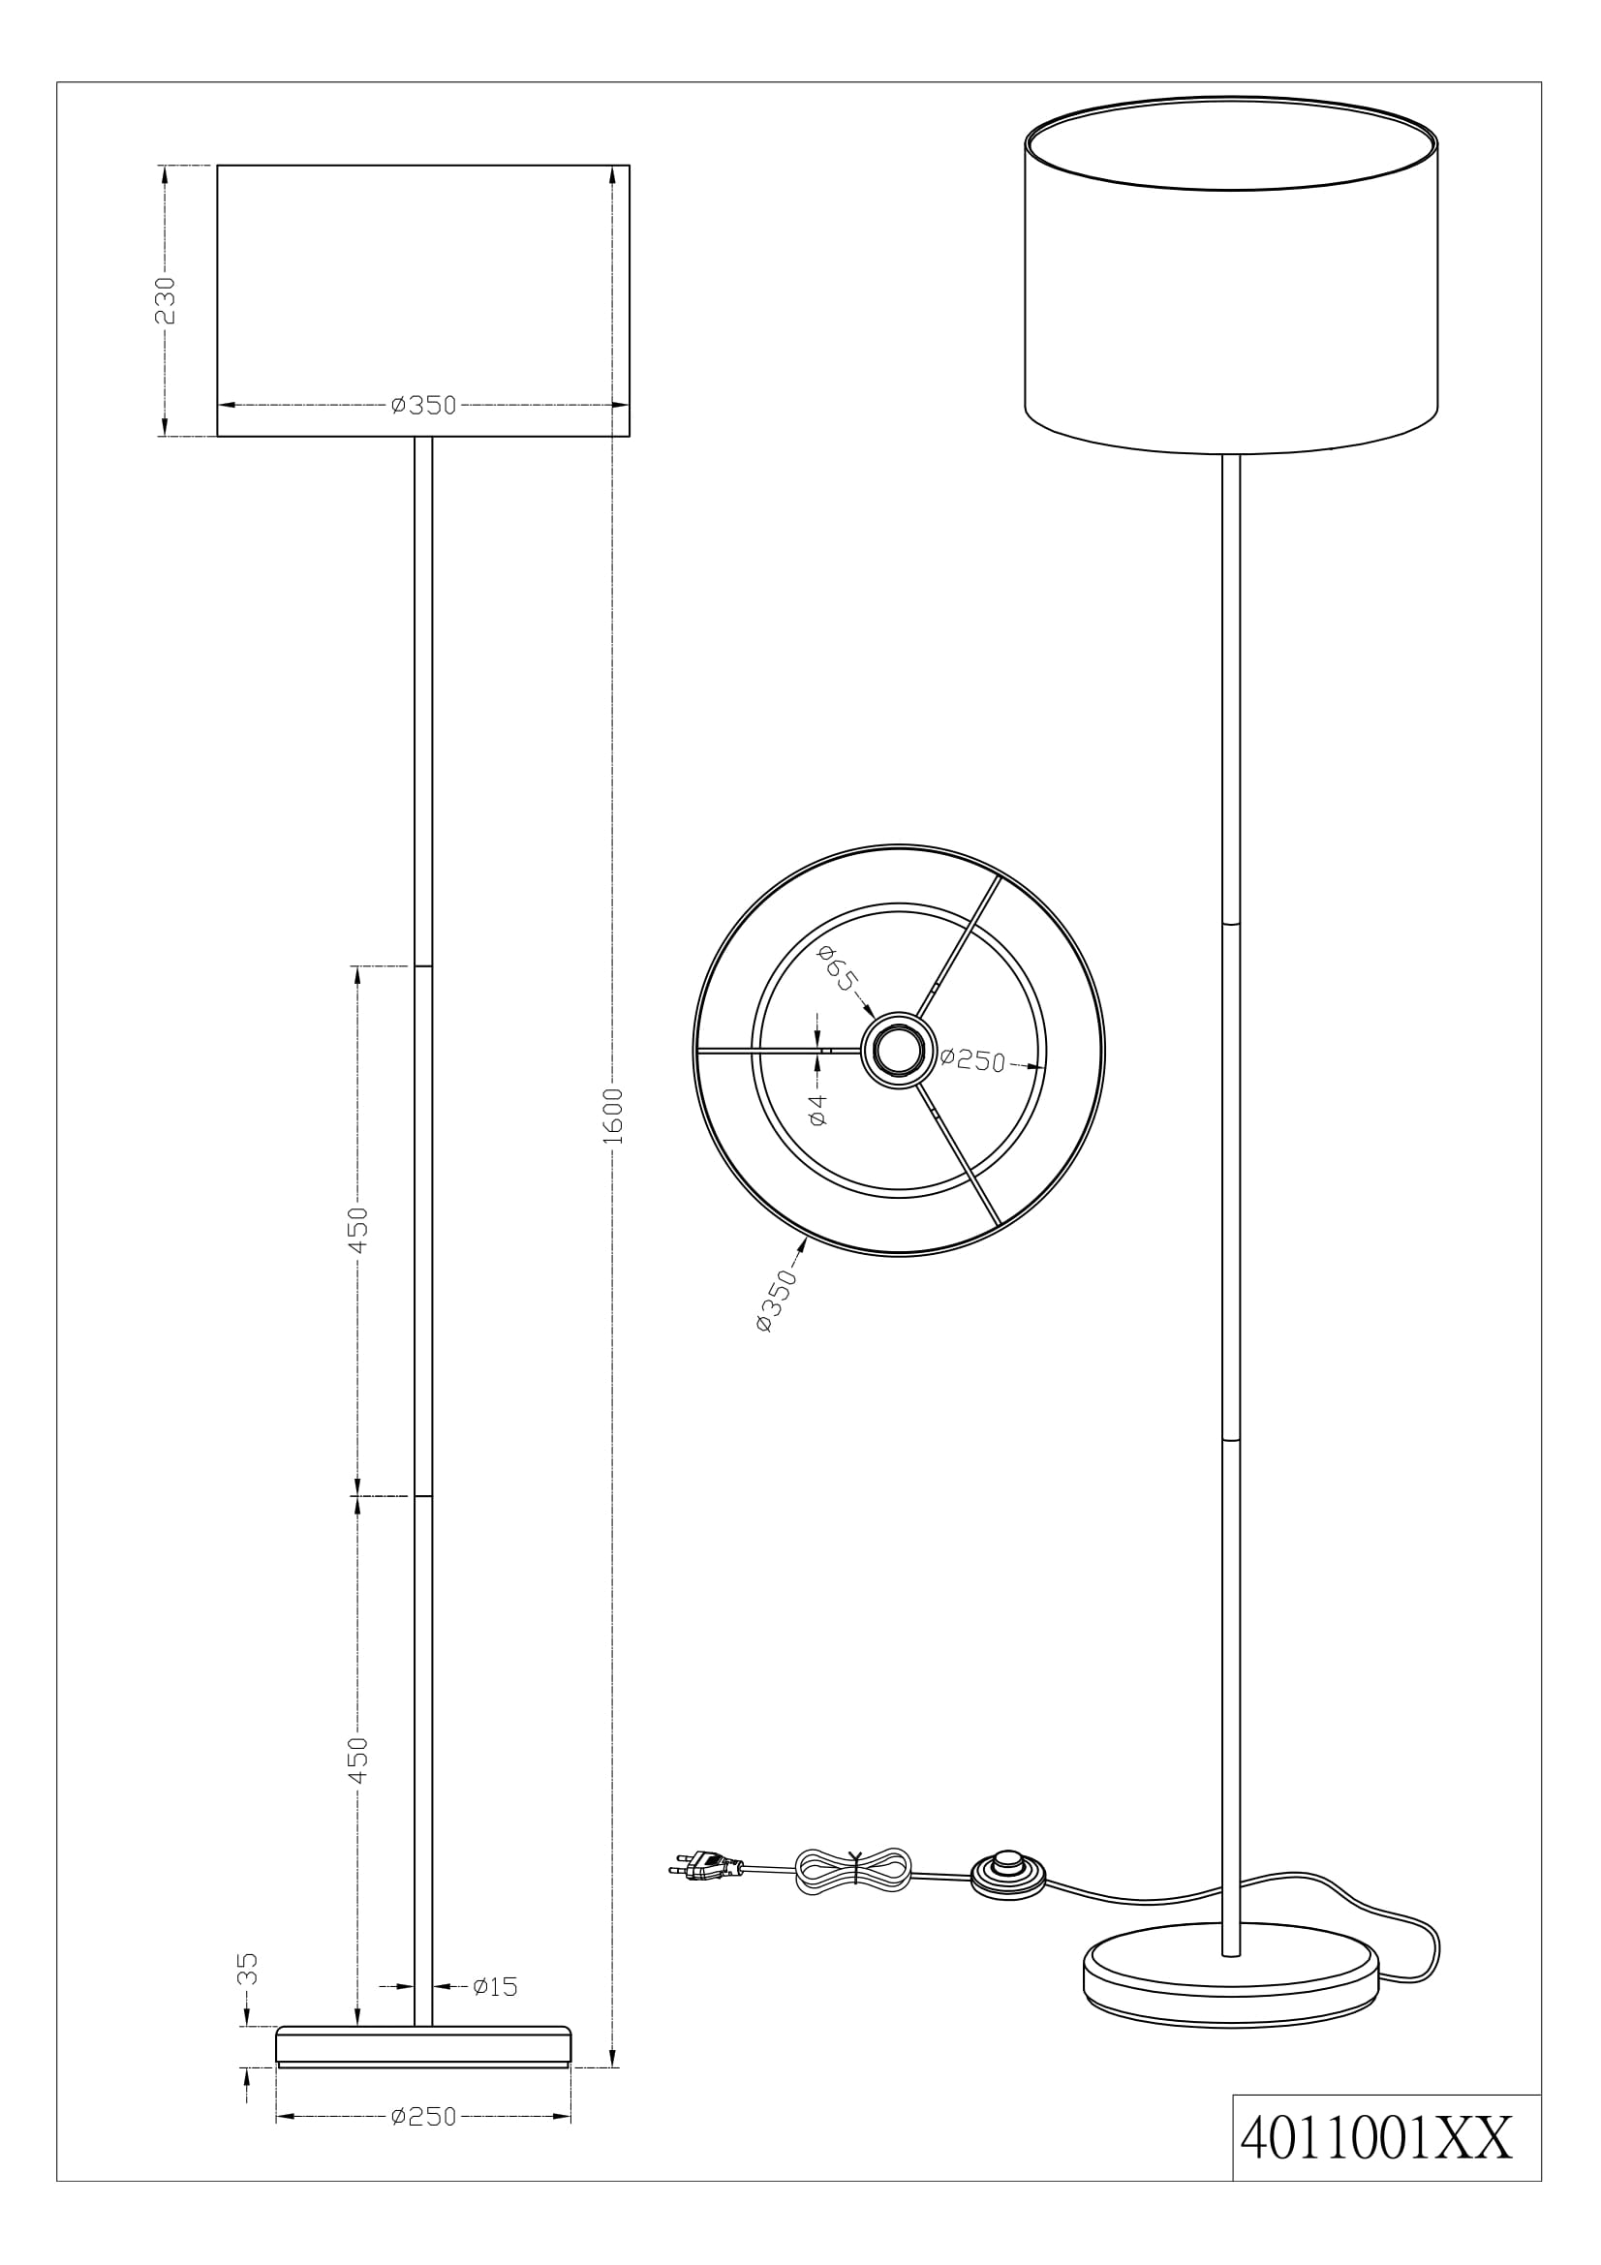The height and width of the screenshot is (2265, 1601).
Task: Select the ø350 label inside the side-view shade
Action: point(423,406)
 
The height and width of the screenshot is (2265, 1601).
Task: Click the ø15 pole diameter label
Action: point(495,1987)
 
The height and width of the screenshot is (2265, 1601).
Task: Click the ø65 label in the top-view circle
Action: point(840,968)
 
